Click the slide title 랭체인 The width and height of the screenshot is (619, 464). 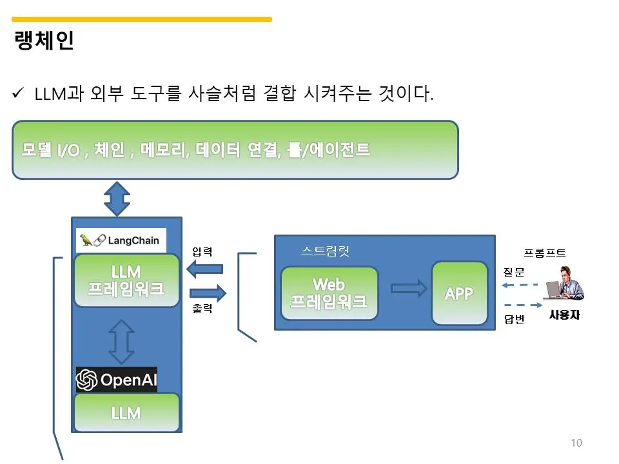tap(44, 41)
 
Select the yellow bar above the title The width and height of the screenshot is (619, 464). tap(142, 19)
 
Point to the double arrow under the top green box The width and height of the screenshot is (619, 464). tap(117, 198)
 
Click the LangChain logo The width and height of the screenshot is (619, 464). tap(121, 240)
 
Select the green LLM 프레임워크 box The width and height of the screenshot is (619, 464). tap(126, 280)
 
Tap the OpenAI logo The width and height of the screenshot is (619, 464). tap(117, 380)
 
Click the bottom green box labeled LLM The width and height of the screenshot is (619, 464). tap(126, 412)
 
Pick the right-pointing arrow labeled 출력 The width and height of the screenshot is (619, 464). tap(208, 293)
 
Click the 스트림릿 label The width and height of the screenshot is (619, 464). tap(326, 251)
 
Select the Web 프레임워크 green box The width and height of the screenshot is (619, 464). tap(329, 293)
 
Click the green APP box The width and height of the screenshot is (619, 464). tap(459, 293)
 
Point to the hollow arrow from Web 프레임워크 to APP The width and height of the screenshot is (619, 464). tap(409, 289)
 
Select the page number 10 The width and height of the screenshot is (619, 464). tap(576, 443)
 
